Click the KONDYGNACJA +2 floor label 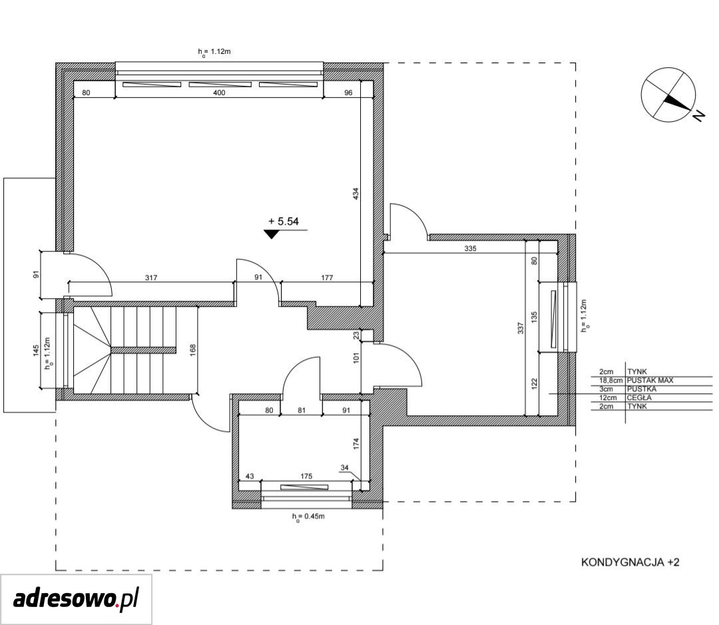[630, 562]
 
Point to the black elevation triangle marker [272, 234]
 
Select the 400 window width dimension [219, 93]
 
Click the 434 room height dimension [356, 194]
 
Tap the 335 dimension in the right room [471, 248]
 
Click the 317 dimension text [151, 278]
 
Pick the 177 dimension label [327, 278]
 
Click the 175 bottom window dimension [306, 477]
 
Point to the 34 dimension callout [344, 468]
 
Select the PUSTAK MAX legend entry [650, 380]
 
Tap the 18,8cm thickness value [610, 381]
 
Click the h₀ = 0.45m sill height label [308, 517]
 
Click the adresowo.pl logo [76, 599]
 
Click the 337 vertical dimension [521, 328]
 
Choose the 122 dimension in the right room [534, 383]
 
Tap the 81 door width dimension [302, 411]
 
